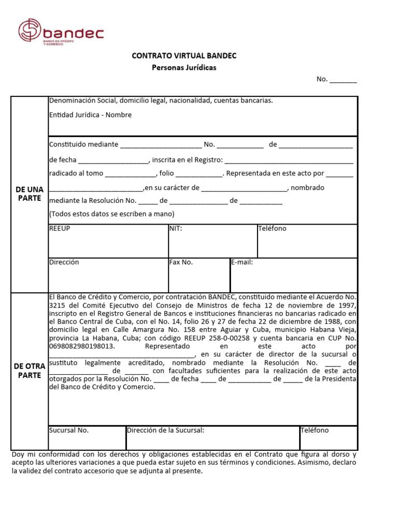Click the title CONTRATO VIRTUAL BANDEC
pos(184,56)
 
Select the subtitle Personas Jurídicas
pos(184,68)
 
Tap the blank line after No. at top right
pos(343,80)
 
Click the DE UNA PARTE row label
pos(29,194)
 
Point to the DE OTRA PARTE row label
pos(29,371)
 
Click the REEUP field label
pos(60,228)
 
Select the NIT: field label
pos(176,228)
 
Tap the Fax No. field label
pos(181,262)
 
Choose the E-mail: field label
pos(242,262)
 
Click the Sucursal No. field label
pos(69,431)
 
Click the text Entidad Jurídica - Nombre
pos(90,115)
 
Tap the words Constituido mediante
pos(83,144)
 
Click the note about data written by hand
pos(111,214)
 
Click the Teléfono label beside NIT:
pos(272,228)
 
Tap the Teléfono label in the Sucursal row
pos(315,431)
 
